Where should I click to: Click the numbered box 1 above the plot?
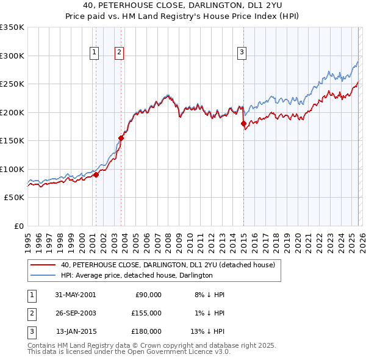(x=95, y=53)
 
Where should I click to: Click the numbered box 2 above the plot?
(x=119, y=53)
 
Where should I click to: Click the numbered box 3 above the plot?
(x=242, y=53)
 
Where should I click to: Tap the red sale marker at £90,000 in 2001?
(x=96, y=175)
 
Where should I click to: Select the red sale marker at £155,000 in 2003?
(x=121, y=138)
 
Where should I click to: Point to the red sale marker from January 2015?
(x=244, y=124)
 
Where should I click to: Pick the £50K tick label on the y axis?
(x=15, y=198)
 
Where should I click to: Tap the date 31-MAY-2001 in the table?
(x=75, y=295)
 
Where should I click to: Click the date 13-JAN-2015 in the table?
(x=75, y=331)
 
